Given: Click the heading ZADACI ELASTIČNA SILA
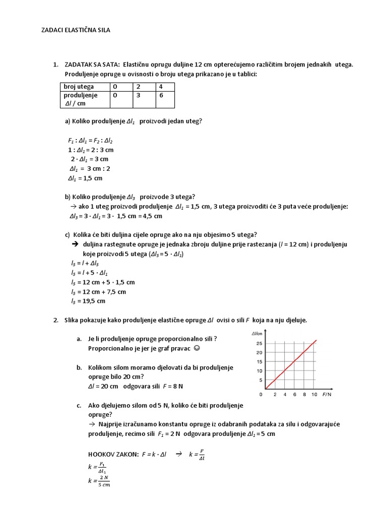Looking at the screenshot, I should pyautogui.click(x=75, y=30).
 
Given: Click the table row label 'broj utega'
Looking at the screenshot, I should pyautogui.click(x=79, y=87).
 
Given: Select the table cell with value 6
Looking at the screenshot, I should pyautogui.click(x=160, y=95).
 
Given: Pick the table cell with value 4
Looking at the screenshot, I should pyautogui.click(x=160, y=87).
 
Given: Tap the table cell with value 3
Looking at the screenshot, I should pyautogui.click(x=137, y=95).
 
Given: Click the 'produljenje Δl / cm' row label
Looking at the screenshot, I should pyautogui.click(x=81, y=99).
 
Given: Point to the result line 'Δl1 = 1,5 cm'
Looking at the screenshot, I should pyautogui.click(x=85, y=178).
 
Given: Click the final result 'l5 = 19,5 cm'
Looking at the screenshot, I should pyautogui.click(x=88, y=301).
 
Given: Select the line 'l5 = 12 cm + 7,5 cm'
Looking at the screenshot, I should pyautogui.click(x=98, y=292).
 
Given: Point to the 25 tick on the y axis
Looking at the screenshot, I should pyautogui.click(x=259, y=343).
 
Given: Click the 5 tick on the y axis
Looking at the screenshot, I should pyautogui.click(x=261, y=380).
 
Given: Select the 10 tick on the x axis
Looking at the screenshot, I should pyautogui.click(x=314, y=395).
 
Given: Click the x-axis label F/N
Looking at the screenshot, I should pyautogui.click(x=327, y=395).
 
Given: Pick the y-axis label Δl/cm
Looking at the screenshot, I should pyautogui.click(x=257, y=334).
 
